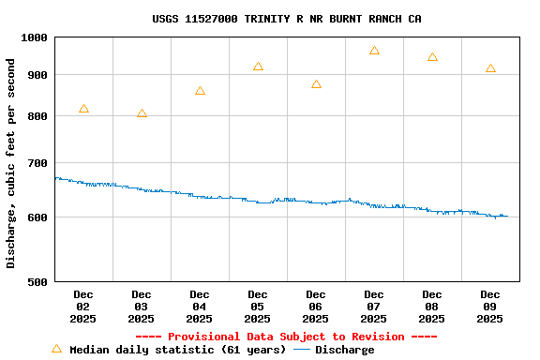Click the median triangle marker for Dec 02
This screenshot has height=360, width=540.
tap(83, 109)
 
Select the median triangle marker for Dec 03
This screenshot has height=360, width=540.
tap(142, 113)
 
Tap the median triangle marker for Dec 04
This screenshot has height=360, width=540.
tap(200, 91)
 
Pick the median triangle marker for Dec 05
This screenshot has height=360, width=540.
tap(258, 67)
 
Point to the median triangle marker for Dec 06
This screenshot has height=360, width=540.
tap(316, 84)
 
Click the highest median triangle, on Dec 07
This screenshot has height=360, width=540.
tap(374, 51)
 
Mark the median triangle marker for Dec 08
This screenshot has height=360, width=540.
tap(432, 57)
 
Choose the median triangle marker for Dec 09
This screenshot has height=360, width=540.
tap(490, 68)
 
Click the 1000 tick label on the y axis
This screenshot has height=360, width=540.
tap(34, 37)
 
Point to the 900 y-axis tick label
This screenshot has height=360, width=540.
tap(37, 75)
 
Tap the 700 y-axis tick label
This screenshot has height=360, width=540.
tap(37, 163)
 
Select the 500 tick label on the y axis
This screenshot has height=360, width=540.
tap(37, 281)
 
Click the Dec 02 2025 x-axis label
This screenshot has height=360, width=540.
tap(83, 307)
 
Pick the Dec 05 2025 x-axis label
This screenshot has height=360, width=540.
tap(258, 307)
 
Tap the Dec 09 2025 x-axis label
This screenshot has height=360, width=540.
tap(490, 307)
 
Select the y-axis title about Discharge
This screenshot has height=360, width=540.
tap(11, 163)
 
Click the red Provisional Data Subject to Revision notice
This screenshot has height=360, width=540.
tap(286, 337)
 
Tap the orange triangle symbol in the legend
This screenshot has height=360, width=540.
tap(56, 349)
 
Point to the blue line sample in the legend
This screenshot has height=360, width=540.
tap(302, 350)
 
